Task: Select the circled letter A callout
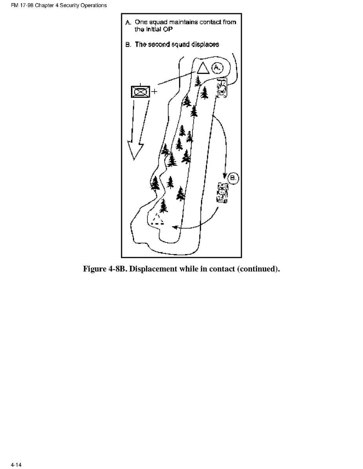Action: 218,68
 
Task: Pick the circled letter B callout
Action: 233,178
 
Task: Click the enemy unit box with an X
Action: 140,92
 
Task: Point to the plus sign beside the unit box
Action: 154,91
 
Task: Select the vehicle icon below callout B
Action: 222,193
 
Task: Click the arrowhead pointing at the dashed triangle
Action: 174,227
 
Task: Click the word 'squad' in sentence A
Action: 158,22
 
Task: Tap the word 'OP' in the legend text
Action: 168,29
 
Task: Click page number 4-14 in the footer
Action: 16,465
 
